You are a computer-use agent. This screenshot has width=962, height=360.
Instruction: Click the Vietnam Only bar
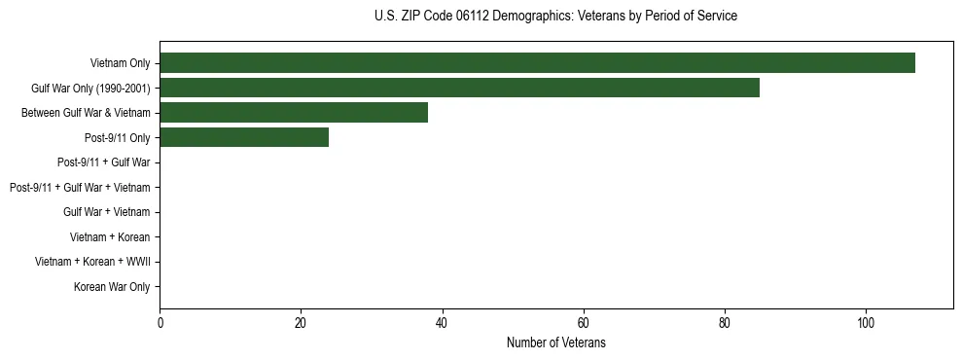pos(537,63)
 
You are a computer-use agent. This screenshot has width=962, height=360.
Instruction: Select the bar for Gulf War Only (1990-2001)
pos(459,88)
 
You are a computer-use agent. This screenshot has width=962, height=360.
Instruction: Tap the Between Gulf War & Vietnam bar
pos(294,113)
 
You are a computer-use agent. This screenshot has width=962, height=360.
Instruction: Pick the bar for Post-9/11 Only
pos(244,137)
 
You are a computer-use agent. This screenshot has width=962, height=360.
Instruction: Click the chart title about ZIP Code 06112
pos(555,17)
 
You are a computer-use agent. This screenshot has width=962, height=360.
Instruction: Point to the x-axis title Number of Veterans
pos(555,342)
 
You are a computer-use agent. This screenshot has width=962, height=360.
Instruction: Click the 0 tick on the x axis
pos(160,323)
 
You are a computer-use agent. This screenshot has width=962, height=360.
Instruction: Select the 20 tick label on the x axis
pos(301,323)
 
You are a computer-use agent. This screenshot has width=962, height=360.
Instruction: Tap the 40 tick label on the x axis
pos(442,323)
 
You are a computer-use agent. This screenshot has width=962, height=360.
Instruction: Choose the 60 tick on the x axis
pos(583,323)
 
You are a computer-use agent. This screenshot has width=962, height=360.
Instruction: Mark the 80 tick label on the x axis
pos(724,323)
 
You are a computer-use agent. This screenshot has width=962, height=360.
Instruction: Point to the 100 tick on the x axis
pos(865,323)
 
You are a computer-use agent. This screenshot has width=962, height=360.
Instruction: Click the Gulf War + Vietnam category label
pos(106,212)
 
